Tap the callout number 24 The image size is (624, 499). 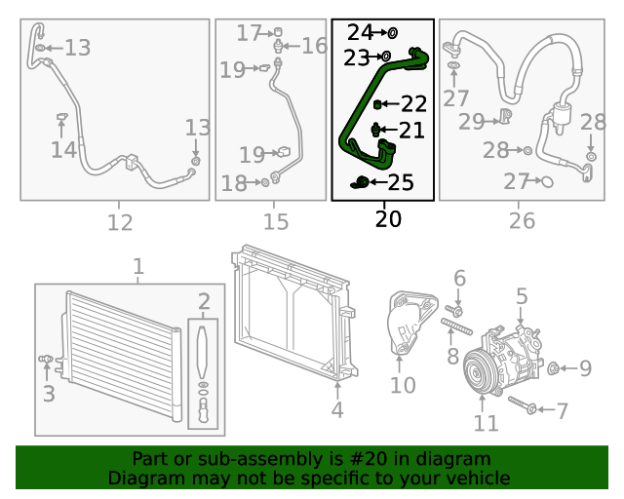(x=360, y=33)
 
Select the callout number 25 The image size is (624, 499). (x=401, y=182)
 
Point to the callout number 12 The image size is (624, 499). (x=119, y=222)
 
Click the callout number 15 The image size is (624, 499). (x=276, y=222)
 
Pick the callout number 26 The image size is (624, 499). (x=522, y=221)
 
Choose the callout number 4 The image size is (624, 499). (x=336, y=410)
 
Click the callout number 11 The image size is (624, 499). (x=486, y=423)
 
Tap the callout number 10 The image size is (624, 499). (x=403, y=385)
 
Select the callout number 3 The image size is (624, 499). (x=48, y=395)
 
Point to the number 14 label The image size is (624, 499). (x=63, y=149)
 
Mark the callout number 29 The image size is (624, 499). (x=472, y=121)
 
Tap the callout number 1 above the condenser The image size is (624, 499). (x=137, y=266)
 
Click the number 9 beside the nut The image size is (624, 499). (x=585, y=368)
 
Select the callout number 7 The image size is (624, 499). (x=562, y=410)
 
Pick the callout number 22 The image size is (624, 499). (x=413, y=103)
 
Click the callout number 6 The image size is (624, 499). (x=459, y=280)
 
